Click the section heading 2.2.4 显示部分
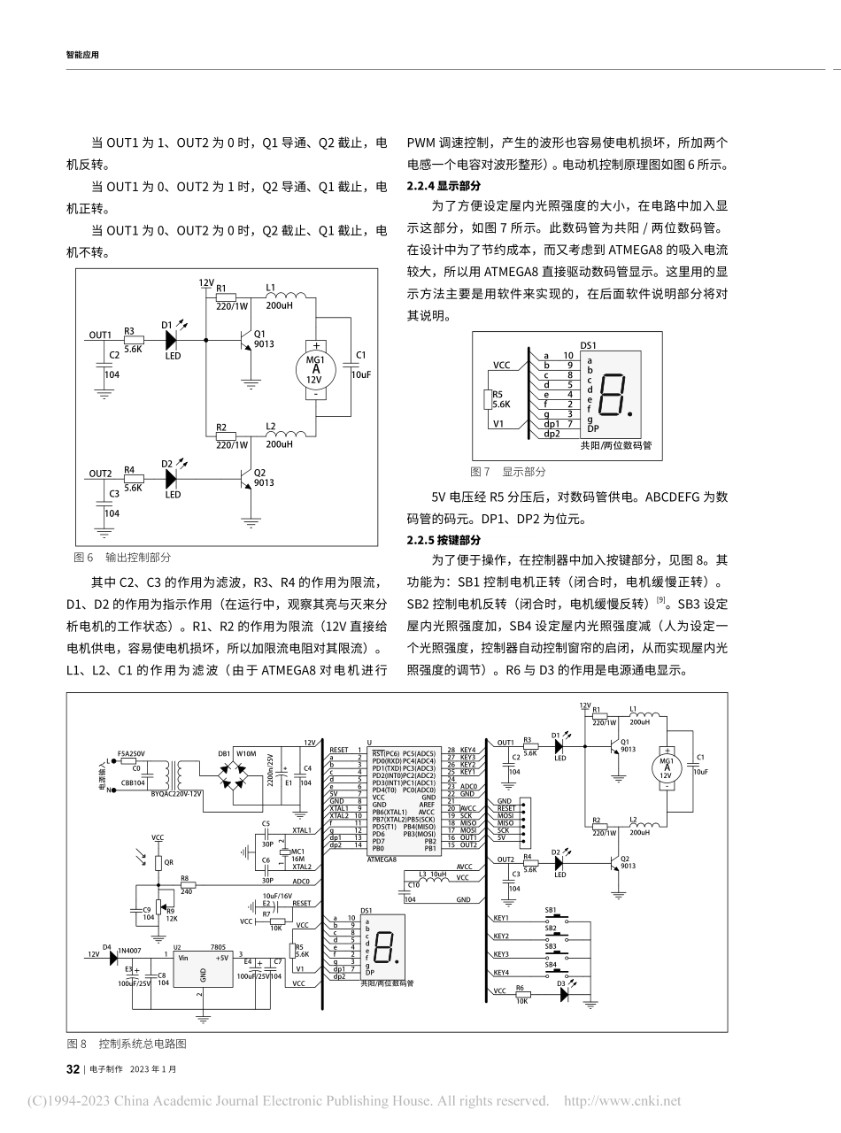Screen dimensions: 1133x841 click(444, 185)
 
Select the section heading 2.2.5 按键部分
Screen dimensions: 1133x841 click(444, 540)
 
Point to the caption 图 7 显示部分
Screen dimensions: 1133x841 click(508, 472)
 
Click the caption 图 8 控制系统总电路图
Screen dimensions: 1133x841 click(127, 1044)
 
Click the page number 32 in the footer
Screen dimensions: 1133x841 click(73, 1068)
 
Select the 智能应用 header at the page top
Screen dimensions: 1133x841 click(82, 54)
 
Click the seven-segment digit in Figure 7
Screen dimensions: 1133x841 click(613, 396)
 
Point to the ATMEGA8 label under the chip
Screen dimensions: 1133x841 click(382, 859)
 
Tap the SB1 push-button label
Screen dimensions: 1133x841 click(550, 910)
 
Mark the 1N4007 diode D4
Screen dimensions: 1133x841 click(112, 955)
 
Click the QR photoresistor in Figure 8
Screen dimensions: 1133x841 click(158, 862)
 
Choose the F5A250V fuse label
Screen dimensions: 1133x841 click(132, 752)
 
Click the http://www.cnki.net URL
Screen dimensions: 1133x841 click(622, 1101)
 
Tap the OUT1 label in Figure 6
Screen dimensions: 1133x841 click(100, 335)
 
